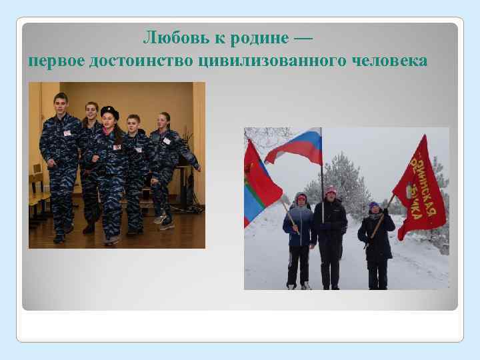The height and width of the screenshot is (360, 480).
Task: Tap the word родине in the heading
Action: [x=259, y=38]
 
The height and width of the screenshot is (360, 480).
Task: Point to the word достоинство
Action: [x=141, y=61]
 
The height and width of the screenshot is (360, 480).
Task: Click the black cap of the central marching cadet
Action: [x=109, y=111]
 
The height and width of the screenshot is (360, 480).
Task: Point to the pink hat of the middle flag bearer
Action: [x=330, y=189]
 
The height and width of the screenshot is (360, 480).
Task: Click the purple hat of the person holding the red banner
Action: [x=373, y=205]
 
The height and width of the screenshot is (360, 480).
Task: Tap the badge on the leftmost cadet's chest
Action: [x=67, y=133]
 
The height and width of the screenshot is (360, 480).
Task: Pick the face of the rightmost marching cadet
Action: [x=161, y=122]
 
